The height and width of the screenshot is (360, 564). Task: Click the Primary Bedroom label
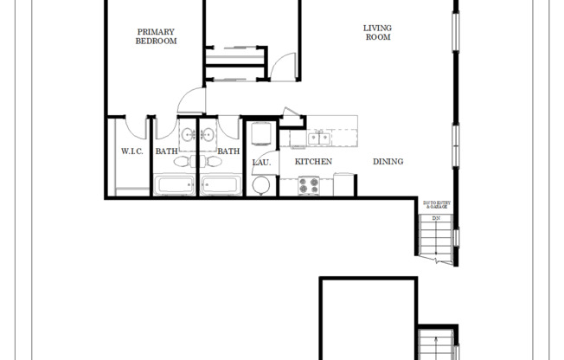point(157,36)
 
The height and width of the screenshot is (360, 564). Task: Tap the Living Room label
point(377,32)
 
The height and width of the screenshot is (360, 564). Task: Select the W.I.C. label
point(131,152)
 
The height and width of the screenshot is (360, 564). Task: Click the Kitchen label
point(313,162)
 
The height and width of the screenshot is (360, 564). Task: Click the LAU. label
point(261,162)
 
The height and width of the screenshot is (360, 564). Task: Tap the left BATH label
point(166,152)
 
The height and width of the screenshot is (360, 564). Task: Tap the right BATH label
point(228,152)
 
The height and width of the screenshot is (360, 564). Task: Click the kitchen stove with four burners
point(309,185)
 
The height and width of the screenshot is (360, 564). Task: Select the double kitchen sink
point(318,137)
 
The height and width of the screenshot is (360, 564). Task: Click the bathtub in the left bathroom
point(176,185)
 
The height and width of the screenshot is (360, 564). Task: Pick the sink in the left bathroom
point(187,135)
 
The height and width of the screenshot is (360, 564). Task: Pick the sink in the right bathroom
point(208,135)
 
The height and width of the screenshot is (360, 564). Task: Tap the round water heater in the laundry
point(260,185)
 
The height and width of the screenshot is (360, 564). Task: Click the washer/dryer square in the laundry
point(261,134)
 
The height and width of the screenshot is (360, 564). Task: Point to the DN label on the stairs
point(437,218)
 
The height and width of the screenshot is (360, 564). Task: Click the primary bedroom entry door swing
point(191,103)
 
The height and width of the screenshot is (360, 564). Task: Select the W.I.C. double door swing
point(131,126)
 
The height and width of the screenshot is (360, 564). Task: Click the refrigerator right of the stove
point(343,184)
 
